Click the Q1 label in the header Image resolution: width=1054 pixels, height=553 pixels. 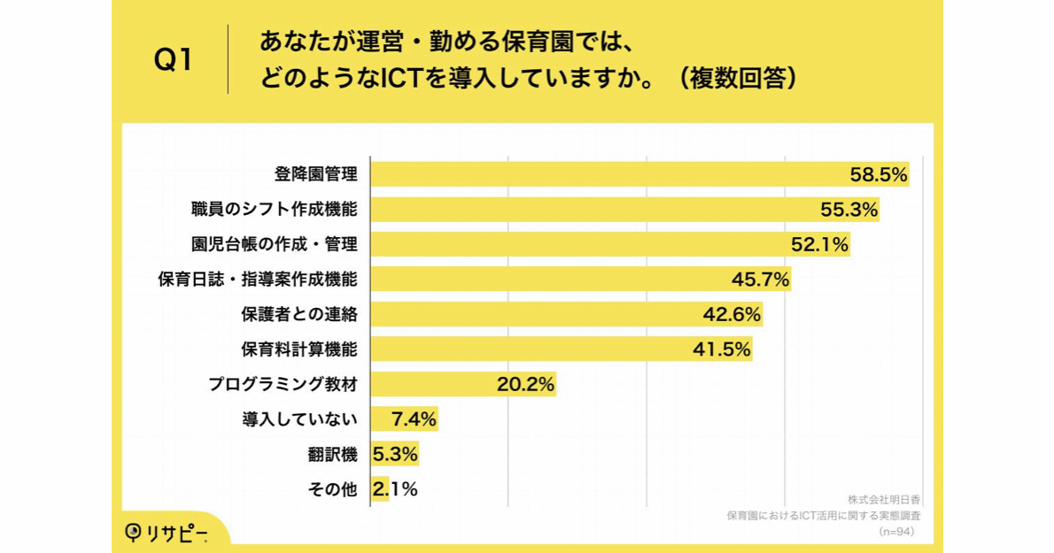(x=174, y=60)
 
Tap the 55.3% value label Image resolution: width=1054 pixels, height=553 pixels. (x=849, y=210)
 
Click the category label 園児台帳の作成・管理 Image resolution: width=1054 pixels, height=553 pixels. (x=275, y=244)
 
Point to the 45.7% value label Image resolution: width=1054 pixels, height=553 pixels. (x=760, y=280)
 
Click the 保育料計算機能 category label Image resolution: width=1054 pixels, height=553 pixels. (x=299, y=349)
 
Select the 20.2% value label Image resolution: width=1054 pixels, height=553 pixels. (x=525, y=384)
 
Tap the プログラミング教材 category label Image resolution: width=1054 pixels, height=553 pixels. (x=283, y=384)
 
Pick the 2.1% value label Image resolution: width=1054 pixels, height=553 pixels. (x=395, y=488)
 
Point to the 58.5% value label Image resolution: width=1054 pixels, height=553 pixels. (x=879, y=175)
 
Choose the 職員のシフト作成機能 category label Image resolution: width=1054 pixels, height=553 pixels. (x=275, y=210)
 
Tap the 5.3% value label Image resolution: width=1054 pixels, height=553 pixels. (x=395, y=455)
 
